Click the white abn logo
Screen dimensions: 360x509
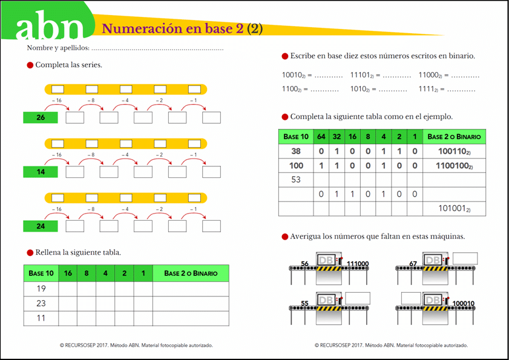[50, 28]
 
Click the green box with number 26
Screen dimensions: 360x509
[41, 117]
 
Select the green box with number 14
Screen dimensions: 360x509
[41, 172]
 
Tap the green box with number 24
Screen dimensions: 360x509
[41, 226]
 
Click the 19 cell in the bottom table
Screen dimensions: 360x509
[41, 289]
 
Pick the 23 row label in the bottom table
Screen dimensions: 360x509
[41, 303]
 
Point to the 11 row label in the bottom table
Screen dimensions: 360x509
[41, 318]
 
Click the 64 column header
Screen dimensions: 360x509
[321, 137]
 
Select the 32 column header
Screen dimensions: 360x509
[337, 137]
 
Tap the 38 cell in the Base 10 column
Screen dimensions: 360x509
[296, 151]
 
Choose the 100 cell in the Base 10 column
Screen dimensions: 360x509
[296, 166]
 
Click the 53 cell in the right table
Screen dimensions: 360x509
[296, 180]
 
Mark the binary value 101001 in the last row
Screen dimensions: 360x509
[455, 209]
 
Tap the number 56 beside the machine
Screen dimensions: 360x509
[305, 264]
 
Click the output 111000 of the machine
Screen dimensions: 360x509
[357, 264]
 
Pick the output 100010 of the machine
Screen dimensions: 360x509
[464, 303]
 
